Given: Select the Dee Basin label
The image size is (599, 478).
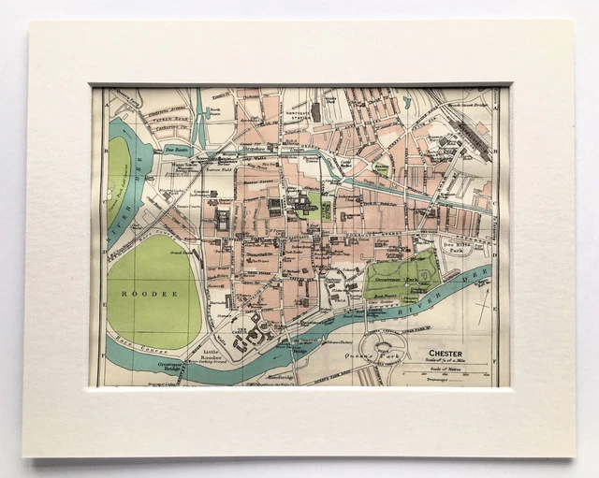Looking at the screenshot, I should pyautogui.click(x=175, y=148).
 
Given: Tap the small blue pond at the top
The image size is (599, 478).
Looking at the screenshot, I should pyautogui.click(x=405, y=102).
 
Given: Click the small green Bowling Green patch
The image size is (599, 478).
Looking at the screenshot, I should pyautogui.click(x=381, y=169).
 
